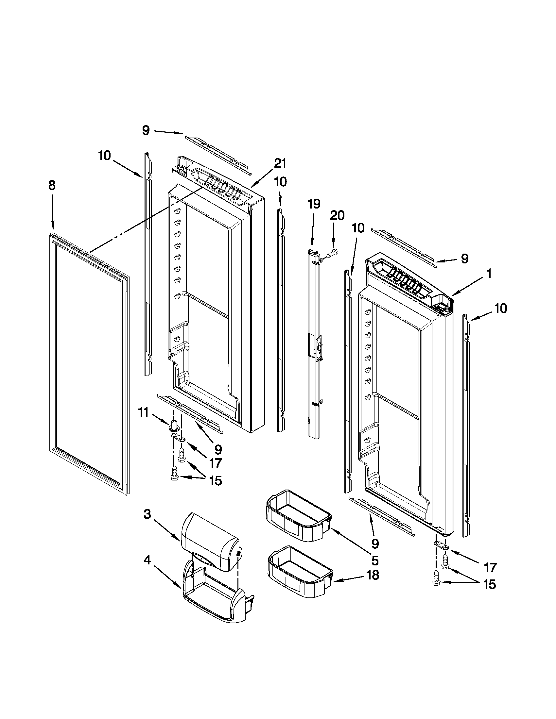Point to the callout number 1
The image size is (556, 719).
click(489, 274)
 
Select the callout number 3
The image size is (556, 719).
click(148, 514)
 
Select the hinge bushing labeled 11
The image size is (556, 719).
click(174, 425)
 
